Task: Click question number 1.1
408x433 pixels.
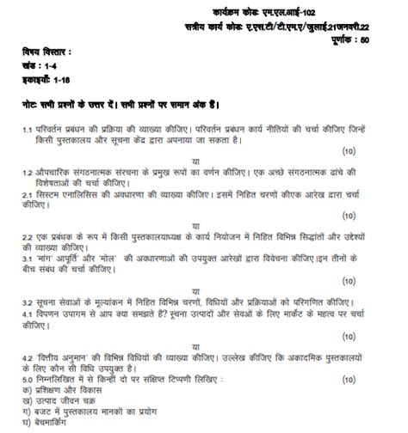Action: click(x=28, y=129)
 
